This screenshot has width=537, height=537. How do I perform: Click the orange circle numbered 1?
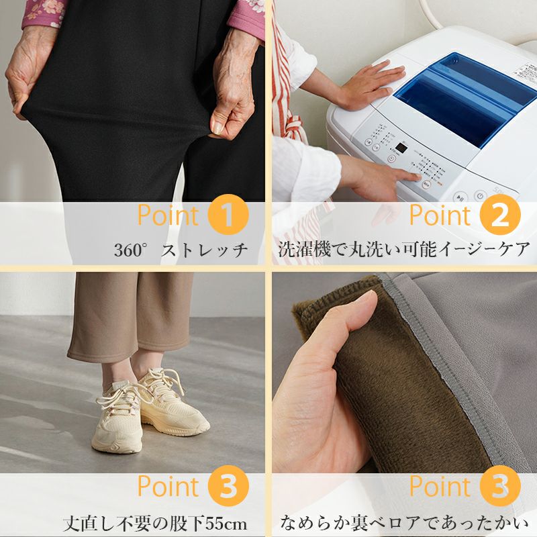(x=228, y=214)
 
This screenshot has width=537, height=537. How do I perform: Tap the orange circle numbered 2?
(x=500, y=214)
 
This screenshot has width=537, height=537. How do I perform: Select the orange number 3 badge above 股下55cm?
(x=228, y=486)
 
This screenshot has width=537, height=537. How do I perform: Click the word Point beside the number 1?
(x=168, y=215)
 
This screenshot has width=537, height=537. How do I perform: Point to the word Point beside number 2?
(x=440, y=215)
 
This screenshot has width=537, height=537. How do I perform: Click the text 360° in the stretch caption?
(x=132, y=249)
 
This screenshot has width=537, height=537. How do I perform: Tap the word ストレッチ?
(x=205, y=250)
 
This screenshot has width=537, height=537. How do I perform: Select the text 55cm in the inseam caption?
(x=226, y=524)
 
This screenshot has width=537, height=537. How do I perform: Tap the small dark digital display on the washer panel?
(x=401, y=148)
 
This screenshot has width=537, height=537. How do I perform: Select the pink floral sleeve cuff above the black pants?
(x=43, y=13)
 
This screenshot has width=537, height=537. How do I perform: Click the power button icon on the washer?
(x=480, y=196)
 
